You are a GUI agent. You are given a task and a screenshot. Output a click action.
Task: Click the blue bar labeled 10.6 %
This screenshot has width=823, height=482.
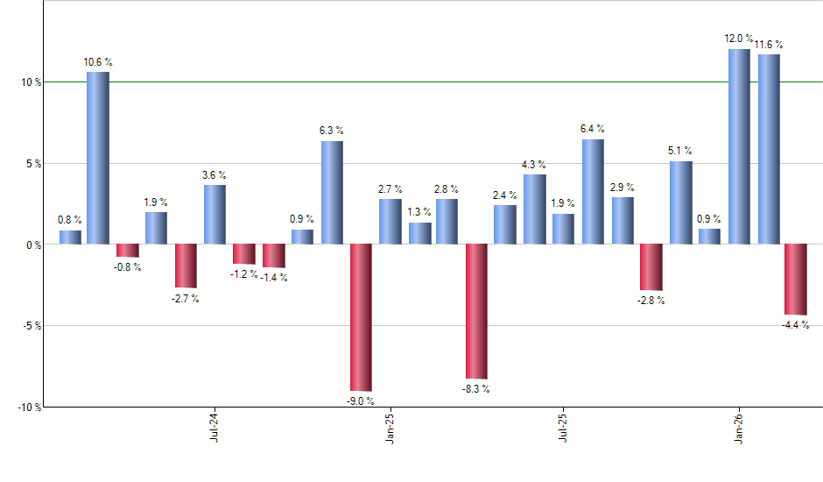(97, 158)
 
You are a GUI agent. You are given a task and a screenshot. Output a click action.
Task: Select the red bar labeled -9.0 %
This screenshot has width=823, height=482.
(361, 317)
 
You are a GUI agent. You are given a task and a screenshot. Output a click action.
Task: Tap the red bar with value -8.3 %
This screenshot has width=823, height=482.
(476, 311)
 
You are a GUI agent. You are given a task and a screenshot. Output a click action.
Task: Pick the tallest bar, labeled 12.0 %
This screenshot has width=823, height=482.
(739, 146)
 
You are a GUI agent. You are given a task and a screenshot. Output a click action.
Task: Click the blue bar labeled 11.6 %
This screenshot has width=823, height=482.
(769, 149)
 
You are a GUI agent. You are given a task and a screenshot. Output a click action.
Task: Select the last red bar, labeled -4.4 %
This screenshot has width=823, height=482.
(795, 279)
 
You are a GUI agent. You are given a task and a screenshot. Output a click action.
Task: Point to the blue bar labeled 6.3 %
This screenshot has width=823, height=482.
(332, 192)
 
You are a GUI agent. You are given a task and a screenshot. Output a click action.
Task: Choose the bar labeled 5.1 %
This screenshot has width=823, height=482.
(680, 202)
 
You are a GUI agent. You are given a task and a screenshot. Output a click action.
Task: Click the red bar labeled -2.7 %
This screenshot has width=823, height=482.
(186, 266)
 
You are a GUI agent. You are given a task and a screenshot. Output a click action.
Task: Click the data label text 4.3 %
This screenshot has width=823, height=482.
(534, 165)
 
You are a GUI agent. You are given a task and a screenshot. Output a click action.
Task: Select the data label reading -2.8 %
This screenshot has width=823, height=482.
(651, 301)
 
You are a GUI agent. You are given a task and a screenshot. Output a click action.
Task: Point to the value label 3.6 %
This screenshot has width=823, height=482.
(215, 174)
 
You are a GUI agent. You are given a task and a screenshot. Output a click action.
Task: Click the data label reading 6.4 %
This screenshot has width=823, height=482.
(593, 129)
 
